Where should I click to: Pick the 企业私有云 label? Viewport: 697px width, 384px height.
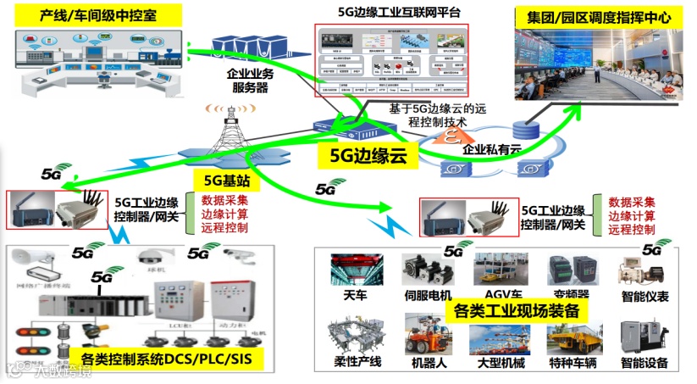tap(492, 149)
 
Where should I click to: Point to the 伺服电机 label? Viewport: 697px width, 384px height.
tap(428, 296)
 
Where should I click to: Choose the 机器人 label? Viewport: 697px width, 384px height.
tap(428, 364)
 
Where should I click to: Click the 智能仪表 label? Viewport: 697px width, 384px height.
tap(645, 296)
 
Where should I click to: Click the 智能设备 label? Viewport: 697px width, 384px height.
tap(645, 364)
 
